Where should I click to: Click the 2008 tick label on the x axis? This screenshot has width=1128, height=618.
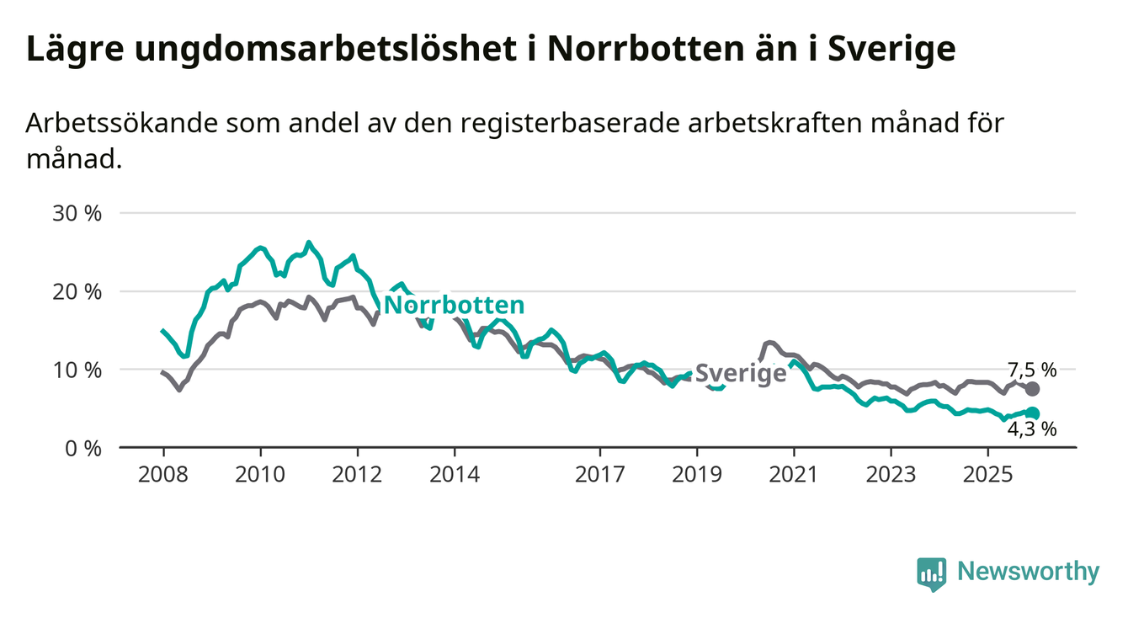(x=162, y=475)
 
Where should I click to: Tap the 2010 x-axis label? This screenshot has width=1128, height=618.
(x=260, y=475)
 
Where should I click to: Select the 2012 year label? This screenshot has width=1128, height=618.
(x=357, y=475)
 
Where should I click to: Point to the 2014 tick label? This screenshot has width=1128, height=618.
(x=455, y=475)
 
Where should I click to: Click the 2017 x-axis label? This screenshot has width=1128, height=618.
(x=599, y=475)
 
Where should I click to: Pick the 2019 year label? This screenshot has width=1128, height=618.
(x=697, y=475)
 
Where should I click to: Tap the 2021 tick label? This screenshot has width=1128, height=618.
(x=794, y=475)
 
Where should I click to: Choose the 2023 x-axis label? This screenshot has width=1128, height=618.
(x=891, y=475)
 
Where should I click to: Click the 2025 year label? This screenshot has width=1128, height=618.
(x=988, y=475)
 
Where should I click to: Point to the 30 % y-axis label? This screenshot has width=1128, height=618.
(x=77, y=213)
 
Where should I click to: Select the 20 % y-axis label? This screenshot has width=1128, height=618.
(x=77, y=291)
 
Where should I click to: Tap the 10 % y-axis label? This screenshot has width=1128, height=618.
(x=77, y=370)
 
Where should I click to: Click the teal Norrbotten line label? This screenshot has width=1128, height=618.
(x=454, y=305)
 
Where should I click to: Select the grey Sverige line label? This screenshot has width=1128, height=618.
(x=741, y=374)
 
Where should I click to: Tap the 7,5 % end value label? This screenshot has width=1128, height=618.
(x=1031, y=370)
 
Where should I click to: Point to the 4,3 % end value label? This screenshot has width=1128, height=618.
(x=1031, y=429)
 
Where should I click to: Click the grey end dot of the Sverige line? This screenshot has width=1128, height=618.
(x=1032, y=389)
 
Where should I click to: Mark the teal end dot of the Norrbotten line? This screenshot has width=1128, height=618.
(x=1032, y=413)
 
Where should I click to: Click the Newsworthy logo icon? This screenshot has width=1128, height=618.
(x=931, y=573)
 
